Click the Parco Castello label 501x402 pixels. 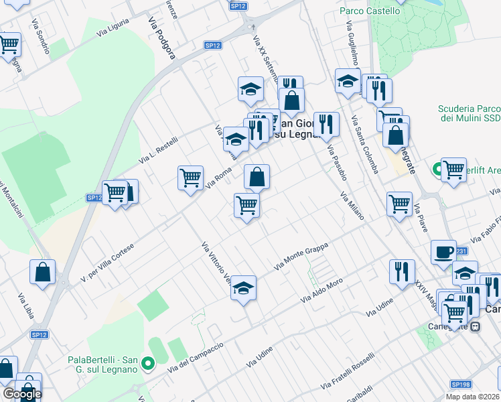(x=370, y=11)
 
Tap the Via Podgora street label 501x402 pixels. (x=163, y=38)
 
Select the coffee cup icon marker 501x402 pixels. (x=443, y=252)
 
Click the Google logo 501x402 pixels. (x=22, y=393)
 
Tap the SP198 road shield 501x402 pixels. (x=460, y=384)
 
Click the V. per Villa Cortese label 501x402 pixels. (x=107, y=262)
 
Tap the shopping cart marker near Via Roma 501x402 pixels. (x=191, y=178)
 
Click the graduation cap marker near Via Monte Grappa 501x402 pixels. (x=243, y=288)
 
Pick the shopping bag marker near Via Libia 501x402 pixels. (x=42, y=272)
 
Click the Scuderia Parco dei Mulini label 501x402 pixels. (x=469, y=113)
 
